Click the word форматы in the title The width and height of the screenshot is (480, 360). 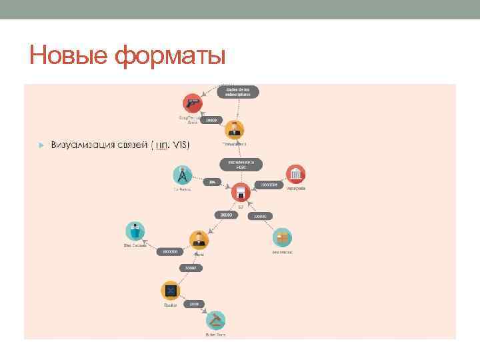click(x=171, y=55)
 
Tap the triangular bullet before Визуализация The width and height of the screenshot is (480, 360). click(x=41, y=145)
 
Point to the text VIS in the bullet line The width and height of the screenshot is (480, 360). click(x=180, y=145)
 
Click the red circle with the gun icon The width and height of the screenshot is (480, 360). click(x=193, y=103)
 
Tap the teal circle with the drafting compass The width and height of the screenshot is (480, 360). click(x=182, y=175)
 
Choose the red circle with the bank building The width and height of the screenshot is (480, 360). click(x=295, y=175)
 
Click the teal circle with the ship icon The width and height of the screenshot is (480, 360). click(x=135, y=231)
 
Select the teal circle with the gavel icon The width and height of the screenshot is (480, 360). click(x=215, y=321)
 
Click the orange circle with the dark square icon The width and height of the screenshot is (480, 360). click(x=170, y=291)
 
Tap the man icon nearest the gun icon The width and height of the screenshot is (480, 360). click(x=234, y=130)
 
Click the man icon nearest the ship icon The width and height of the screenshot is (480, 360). click(x=199, y=240)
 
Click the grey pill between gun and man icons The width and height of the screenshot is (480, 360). click(x=211, y=121)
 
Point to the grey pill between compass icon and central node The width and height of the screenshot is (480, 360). click(x=213, y=181)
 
